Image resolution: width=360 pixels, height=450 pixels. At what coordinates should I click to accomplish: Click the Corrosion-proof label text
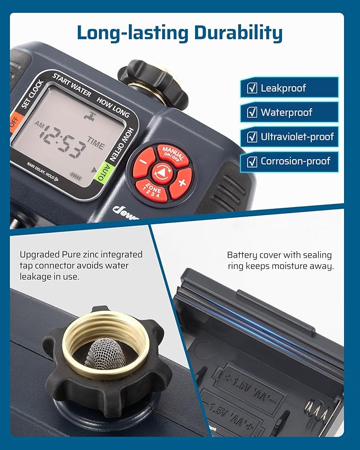pyautogui.click(x=295, y=161)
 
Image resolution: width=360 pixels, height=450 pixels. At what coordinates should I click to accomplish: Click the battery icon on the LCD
pyautogui.click(x=76, y=177)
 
